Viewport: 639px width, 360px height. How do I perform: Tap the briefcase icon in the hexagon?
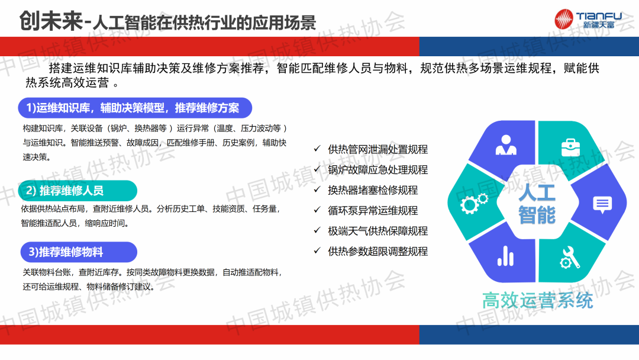(570, 147)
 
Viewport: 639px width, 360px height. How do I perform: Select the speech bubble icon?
(602, 205)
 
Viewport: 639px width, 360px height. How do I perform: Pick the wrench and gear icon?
(570, 258)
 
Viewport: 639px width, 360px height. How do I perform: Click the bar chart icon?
(506, 256)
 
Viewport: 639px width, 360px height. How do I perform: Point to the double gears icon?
(474, 202)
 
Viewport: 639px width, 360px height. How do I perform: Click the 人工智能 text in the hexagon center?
(537, 204)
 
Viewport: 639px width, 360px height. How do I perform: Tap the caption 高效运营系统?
(537, 301)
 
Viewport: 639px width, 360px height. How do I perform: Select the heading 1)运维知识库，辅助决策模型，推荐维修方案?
(133, 108)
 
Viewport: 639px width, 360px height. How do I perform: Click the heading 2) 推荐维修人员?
(65, 191)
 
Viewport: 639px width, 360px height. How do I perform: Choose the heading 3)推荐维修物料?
(66, 252)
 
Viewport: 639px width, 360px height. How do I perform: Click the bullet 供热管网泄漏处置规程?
(377, 149)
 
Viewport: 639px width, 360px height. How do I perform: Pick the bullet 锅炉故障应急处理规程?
(377, 169)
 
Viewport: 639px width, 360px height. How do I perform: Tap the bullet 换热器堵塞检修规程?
(373, 190)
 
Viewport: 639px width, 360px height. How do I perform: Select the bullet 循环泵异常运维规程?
(373, 210)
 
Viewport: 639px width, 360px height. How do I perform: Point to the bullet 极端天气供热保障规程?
(377, 231)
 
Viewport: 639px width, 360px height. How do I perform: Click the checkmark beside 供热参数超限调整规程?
(317, 250)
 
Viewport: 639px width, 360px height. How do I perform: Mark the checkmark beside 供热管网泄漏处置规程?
(317, 149)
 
